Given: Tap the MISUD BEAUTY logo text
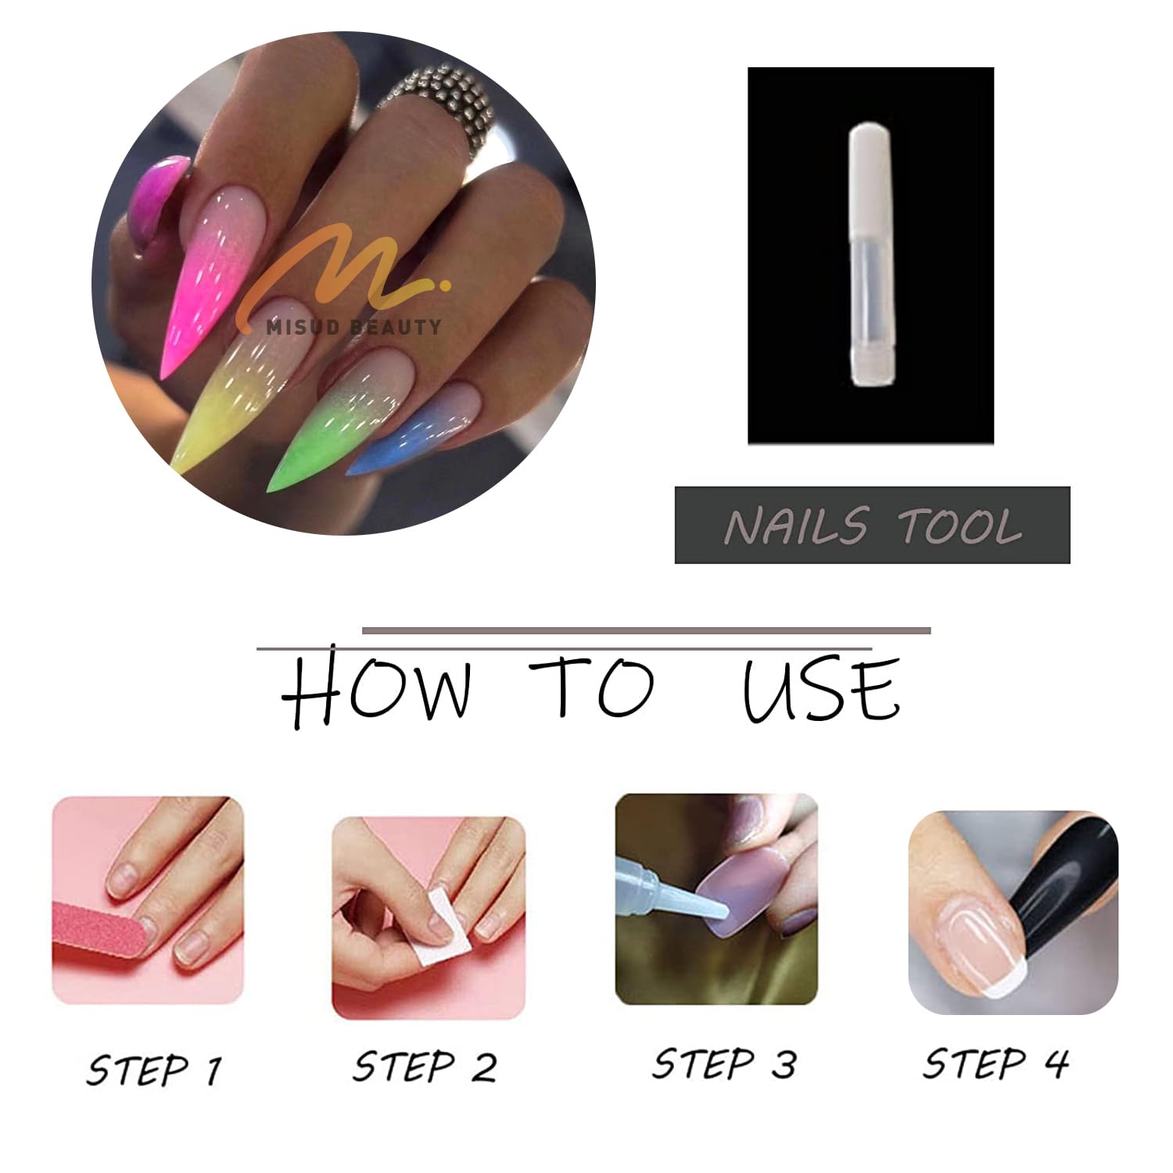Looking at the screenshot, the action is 353,327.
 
